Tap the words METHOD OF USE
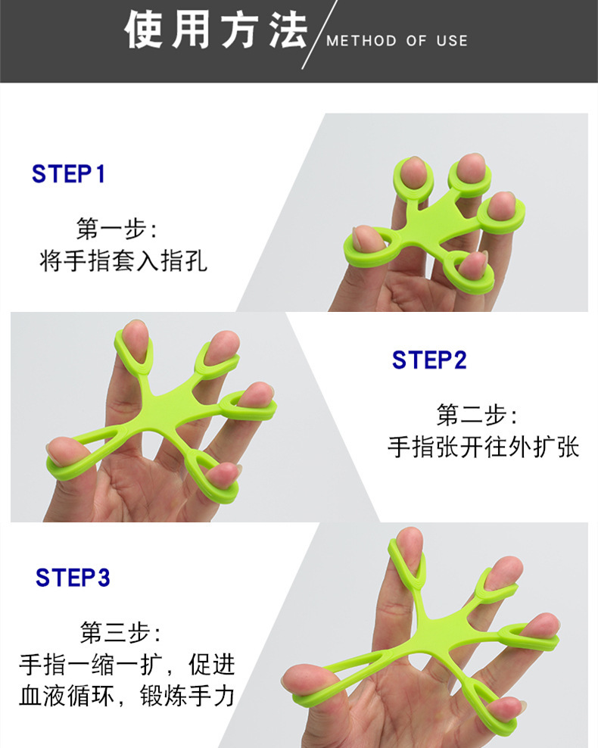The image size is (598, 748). point(397,41)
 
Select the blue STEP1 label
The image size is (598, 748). point(68,174)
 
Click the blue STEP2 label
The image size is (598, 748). point(429,360)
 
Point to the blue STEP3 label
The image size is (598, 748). point(73,578)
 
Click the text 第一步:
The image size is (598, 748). point(117,228)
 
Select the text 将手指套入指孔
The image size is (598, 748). point(123,262)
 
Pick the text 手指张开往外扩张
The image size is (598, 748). point(483,447)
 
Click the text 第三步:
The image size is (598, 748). point(120,631)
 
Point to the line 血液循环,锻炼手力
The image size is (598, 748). point(126,695)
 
